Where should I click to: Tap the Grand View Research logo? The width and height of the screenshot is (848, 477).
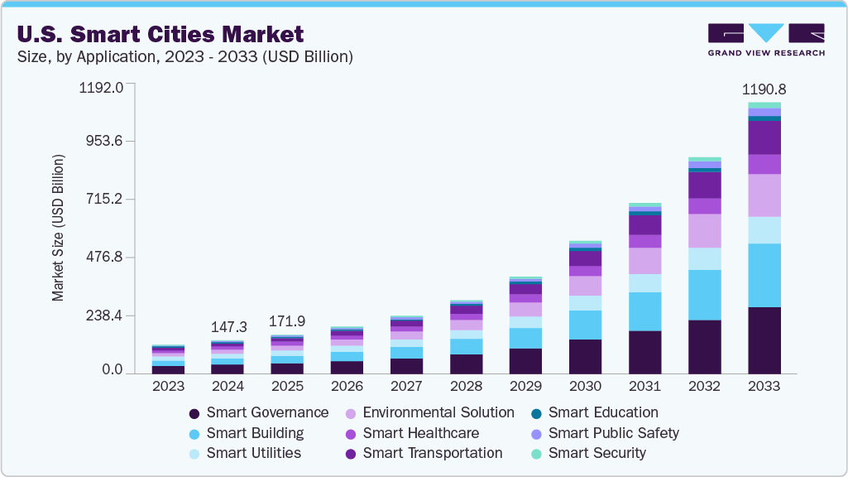point(765,39)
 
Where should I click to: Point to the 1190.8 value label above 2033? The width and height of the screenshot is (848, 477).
point(764,89)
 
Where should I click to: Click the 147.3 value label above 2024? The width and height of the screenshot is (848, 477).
point(228,327)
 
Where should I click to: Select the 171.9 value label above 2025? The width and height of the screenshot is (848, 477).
point(288,320)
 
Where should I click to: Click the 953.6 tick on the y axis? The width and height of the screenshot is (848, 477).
point(104,141)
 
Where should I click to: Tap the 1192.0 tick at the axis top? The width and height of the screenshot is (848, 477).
point(101,87)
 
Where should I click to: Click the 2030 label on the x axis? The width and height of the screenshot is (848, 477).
point(586,386)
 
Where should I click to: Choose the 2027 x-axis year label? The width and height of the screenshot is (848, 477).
point(407,386)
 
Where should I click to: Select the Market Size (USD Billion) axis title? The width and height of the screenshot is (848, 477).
point(58,227)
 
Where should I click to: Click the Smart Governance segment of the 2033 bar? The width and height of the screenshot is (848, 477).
point(764,340)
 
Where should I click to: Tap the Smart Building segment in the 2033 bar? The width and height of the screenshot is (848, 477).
point(764,275)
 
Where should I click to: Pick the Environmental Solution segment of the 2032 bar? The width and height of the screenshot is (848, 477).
point(705,230)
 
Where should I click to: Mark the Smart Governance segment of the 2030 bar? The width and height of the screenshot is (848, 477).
point(586,356)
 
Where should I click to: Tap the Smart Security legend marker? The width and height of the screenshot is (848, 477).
point(536,453)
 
